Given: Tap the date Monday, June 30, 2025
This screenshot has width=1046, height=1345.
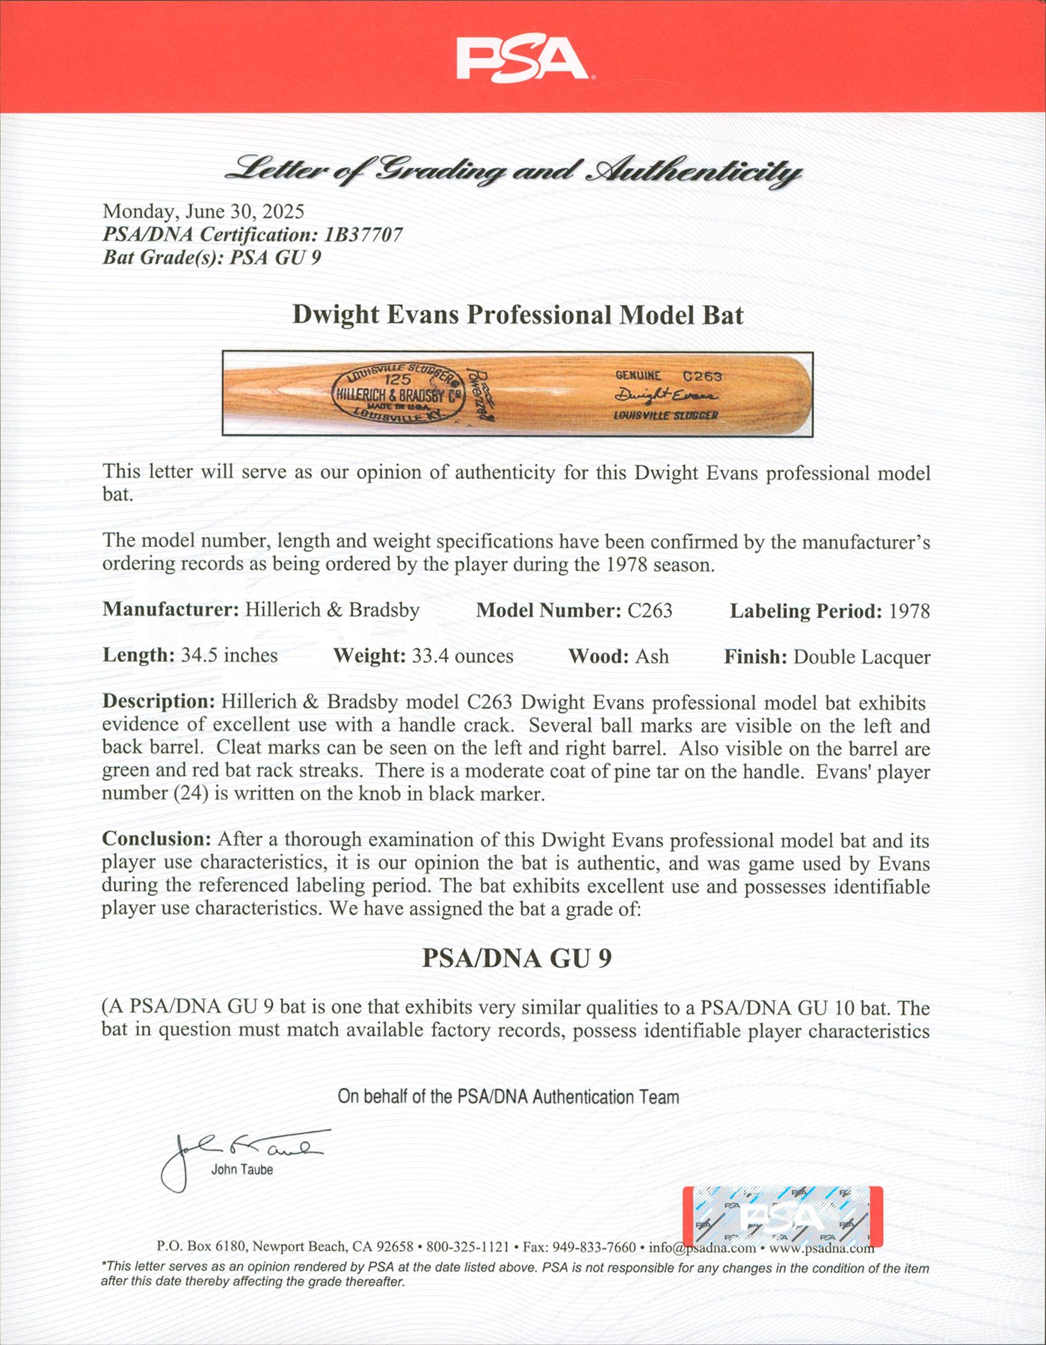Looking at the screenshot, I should pyautogui.click(x=203, y=211).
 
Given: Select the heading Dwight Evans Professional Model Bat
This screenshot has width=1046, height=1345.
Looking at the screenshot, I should pyautogui.click(x=517, y=315).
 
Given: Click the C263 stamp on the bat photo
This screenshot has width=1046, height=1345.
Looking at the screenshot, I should pyautogui.click(x=702, y=376).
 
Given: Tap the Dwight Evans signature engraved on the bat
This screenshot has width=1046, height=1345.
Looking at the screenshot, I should pyautogui.click(x=665, y=395).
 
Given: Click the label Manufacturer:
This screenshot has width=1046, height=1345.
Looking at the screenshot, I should pyautogui.click(x=170, y=610).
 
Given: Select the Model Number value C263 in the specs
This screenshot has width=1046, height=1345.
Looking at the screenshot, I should pyautogui.click(x=650, y=611).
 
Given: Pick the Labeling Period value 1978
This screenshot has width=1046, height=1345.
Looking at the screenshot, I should pyautogui.click(x=909, y=611).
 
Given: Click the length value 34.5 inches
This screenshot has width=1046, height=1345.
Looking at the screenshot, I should pyautogui.click(x=229, y=655).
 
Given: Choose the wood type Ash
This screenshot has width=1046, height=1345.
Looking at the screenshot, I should pyautogui.click(x=652, y=656).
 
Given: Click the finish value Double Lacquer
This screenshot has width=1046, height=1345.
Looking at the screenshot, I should pyautogui.click(x=861, y=657).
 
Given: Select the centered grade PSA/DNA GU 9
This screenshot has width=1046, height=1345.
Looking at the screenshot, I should pyautogui.click(x=517, y=958).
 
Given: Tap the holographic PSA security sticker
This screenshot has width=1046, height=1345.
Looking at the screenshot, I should pyautogui.click(x=782, y=1217).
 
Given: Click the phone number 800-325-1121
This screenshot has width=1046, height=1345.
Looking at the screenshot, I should pyautogui.click(x=467, y=1247).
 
